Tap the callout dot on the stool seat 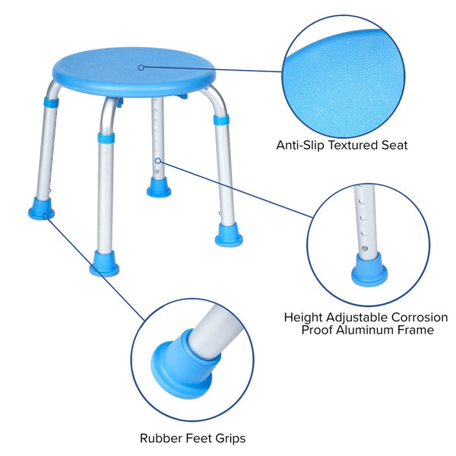pos(141,67)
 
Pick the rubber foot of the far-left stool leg pos(41,209)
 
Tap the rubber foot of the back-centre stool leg pos(159,187)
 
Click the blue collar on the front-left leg pos(106,138)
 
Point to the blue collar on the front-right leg pos(220,119)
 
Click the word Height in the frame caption pos(302,317)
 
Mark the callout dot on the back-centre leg pos(157,160)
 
